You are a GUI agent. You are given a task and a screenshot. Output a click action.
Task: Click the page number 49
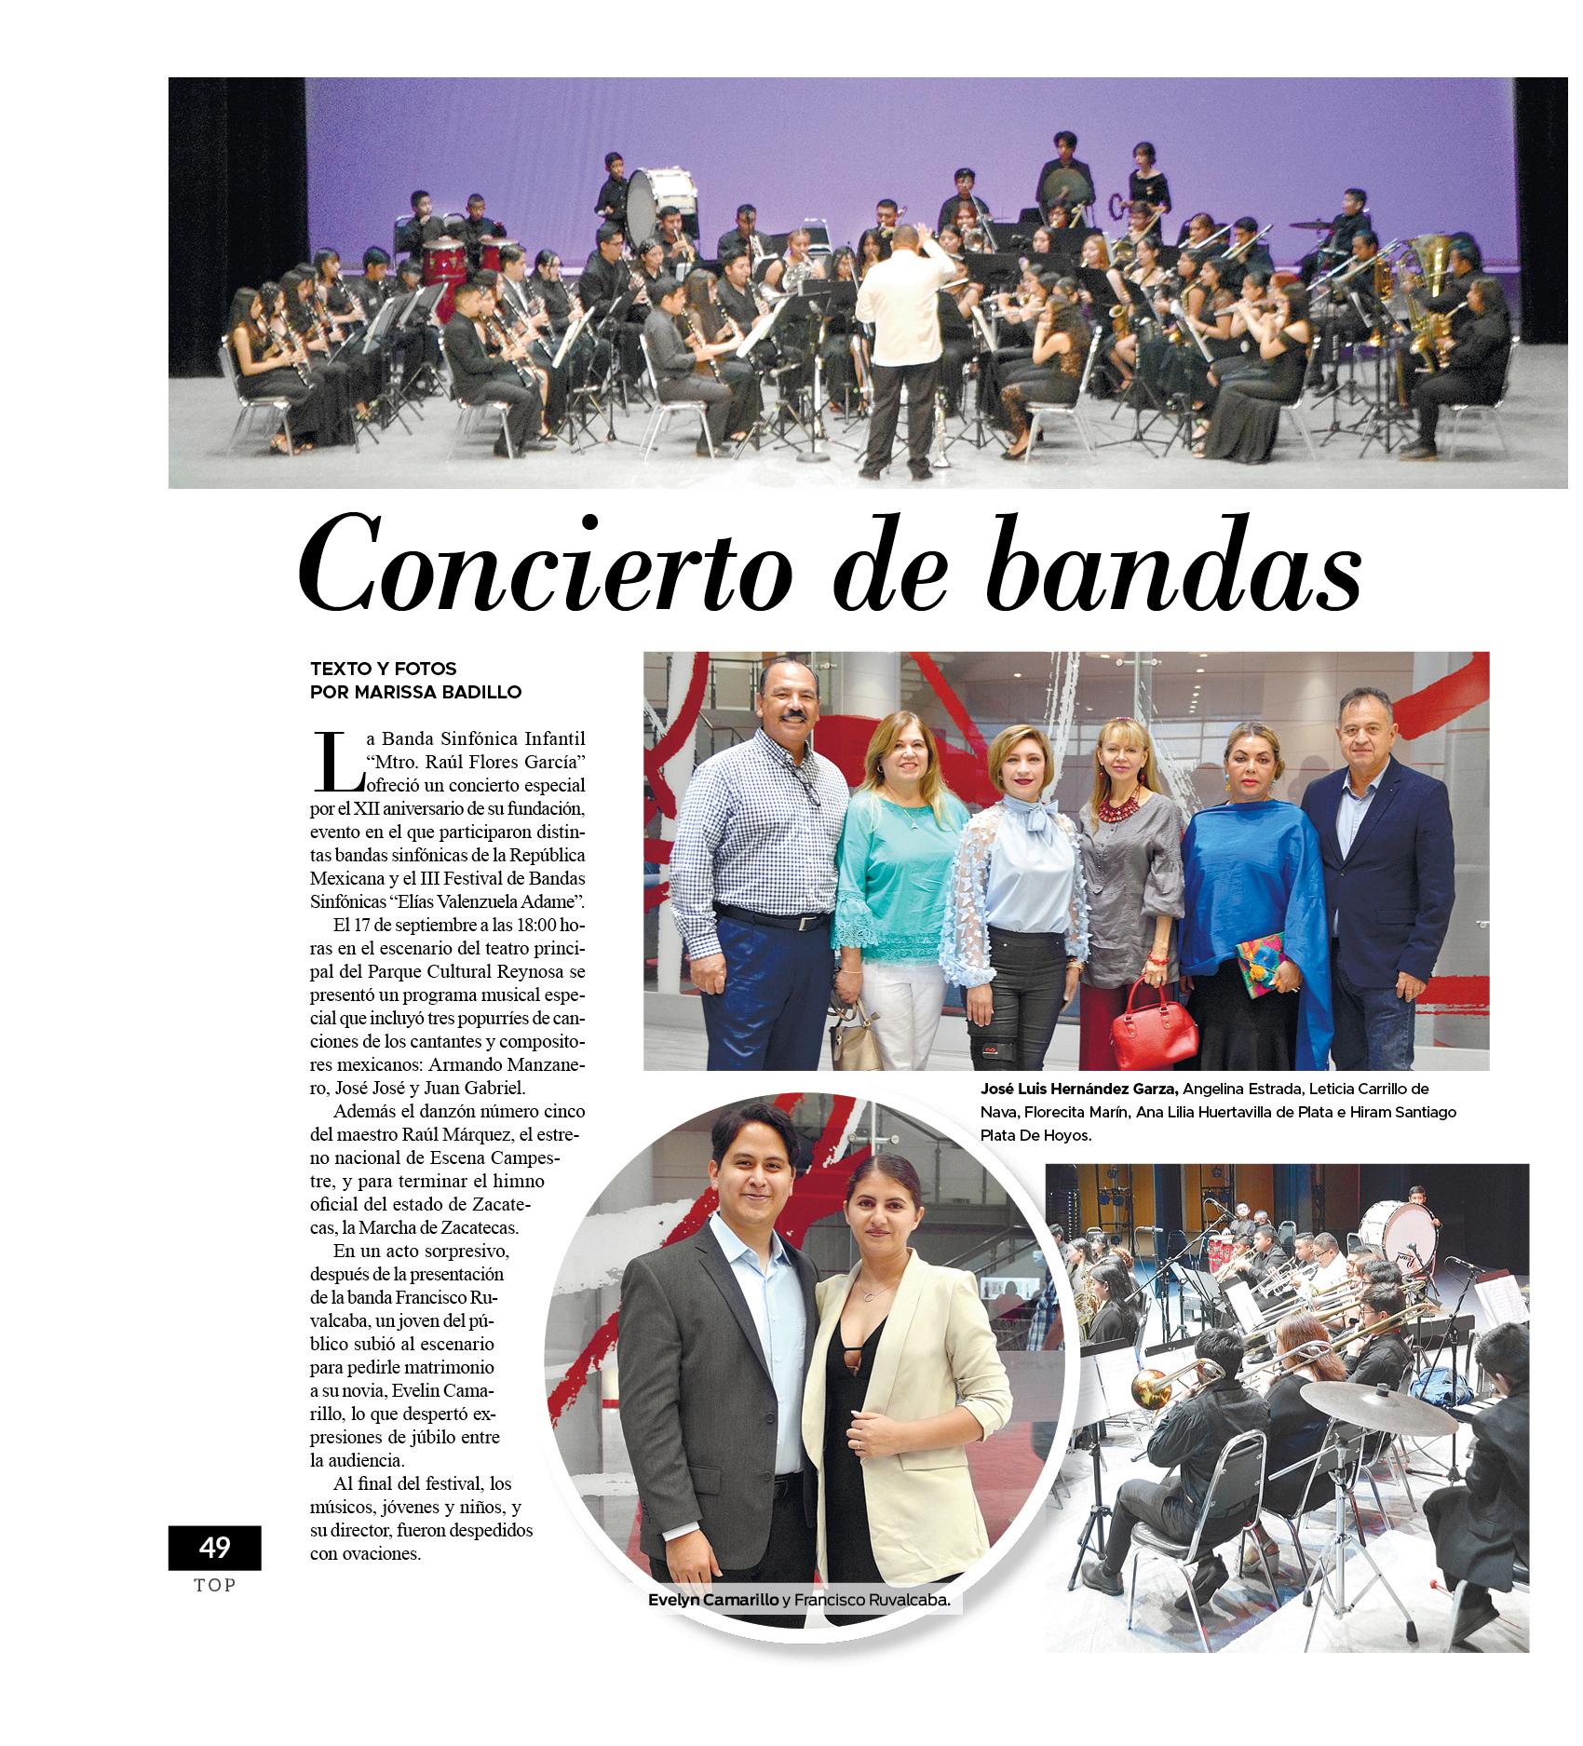(x=214, y=1548)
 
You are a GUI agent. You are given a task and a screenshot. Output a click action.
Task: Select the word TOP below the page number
(x=215, y=1586)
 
